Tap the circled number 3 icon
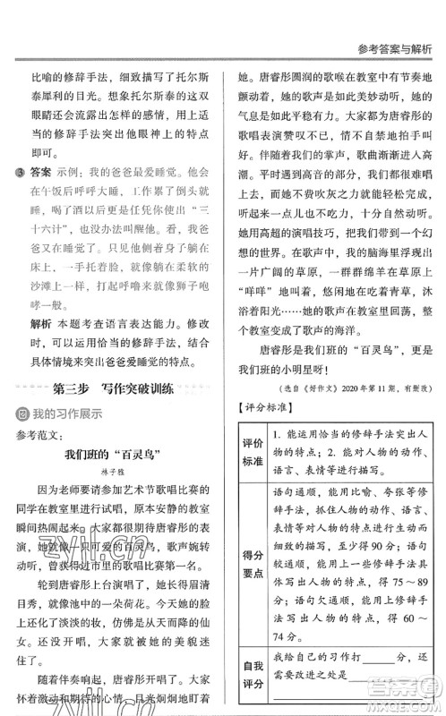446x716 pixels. [x=13, y=172]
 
